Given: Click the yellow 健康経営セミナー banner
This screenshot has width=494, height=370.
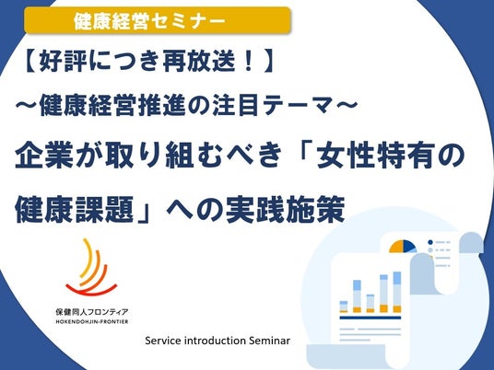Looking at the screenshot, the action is tap(157, 20).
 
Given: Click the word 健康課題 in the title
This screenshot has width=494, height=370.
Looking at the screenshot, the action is tap(75, 209).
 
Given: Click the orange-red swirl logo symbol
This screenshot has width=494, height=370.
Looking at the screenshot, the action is tap(91, 268).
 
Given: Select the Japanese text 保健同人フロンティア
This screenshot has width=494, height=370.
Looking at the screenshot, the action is tap(91, 312).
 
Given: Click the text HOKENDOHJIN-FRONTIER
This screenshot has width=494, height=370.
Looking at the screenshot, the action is tap(91, 322).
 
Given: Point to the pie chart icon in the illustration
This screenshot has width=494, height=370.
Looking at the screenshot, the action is tap(403, 247).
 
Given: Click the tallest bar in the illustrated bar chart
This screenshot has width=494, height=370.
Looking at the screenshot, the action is tap(397, 292).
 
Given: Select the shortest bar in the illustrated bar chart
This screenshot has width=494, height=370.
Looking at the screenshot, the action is tap(344, 306).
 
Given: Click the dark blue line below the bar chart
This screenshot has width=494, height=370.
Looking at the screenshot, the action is tap(370, 318).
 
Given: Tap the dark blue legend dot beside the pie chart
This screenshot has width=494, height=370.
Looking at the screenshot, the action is tap(430, 242).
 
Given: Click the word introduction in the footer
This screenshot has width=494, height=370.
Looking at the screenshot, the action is tap(215, 341).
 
